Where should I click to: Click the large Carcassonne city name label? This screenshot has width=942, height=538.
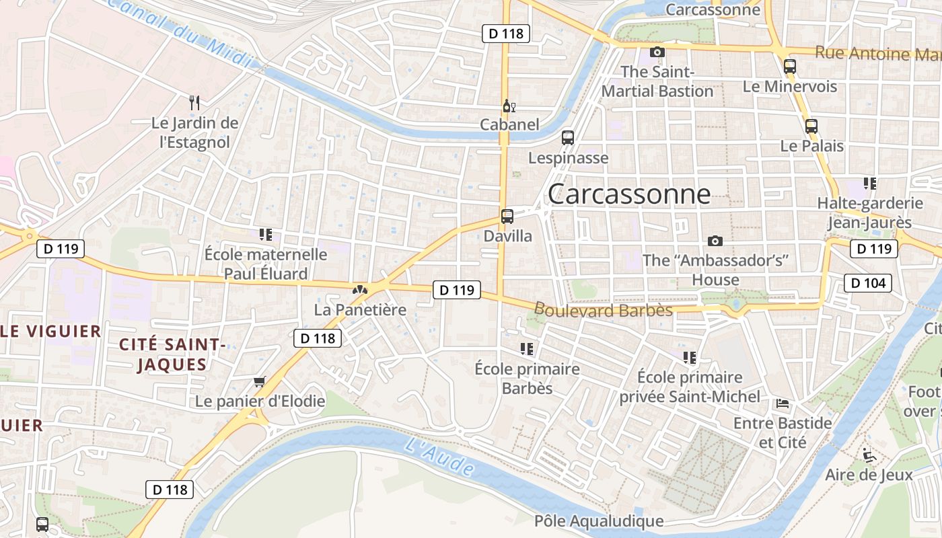pos(629,194)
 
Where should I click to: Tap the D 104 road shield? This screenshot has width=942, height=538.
pos(868,283)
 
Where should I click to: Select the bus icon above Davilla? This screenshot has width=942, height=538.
pos(507,217)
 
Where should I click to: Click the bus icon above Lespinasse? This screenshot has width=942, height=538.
pos(568,138)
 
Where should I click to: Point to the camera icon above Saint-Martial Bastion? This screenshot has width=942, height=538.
pos(657,52)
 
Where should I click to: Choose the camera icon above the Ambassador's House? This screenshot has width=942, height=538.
pos(715,241)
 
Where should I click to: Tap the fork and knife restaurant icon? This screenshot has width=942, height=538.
pos(194,103)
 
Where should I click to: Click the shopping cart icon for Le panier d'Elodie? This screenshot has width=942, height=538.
pos(260,382)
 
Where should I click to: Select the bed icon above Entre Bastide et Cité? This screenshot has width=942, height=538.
pos(783,403)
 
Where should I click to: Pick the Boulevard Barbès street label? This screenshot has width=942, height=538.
pos(604,310)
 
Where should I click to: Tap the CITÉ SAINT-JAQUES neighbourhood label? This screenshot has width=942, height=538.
pos(172,354)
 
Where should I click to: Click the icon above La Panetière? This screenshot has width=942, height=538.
pos(360,291)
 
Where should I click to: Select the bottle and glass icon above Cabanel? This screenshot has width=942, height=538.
pos(509,106)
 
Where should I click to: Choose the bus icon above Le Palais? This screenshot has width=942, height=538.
pos(811,126)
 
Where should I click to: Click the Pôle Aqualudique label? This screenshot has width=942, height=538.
pos(599,521)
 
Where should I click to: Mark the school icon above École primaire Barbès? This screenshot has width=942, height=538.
pos(527,349)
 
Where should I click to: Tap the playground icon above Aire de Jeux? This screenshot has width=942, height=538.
pos(869,455)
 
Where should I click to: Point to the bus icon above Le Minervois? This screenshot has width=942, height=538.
pos(790,67)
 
